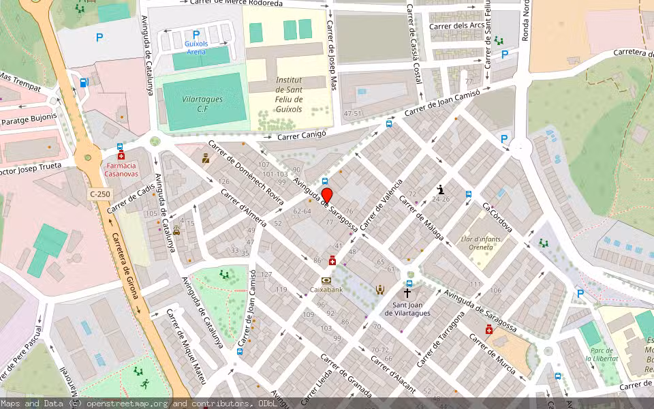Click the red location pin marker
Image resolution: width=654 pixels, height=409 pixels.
click(x=326, y=196)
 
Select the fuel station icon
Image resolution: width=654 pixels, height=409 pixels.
click(x=84, y=82)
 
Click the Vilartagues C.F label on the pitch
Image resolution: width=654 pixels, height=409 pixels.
click(x=202, y=104)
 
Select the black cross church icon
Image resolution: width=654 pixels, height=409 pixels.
click(x=407, y=292)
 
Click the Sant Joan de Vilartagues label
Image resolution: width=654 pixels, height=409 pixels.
click(x=407, y=309)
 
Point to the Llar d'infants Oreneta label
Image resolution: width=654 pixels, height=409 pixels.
click(x=477, y=242)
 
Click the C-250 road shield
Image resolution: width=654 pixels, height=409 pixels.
click(x=99, y=195)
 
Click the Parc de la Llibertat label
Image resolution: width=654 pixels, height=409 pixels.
click(x=602, y=354)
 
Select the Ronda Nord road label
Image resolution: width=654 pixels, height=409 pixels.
click(x=525, y=20)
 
